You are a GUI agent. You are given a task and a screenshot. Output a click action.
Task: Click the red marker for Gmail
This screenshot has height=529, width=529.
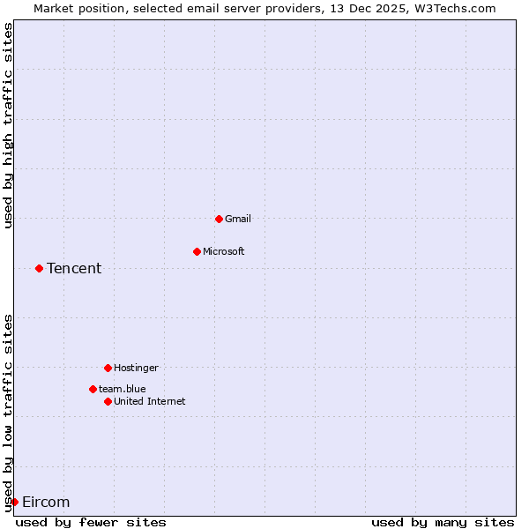pyautogui.click(x=219, y=219)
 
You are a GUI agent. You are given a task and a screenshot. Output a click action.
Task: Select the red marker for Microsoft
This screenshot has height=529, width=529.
pyautogui.click(x=197, y=251)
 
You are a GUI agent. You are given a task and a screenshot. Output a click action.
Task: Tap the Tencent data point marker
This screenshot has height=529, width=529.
pyautogui.click(x=39, y=268)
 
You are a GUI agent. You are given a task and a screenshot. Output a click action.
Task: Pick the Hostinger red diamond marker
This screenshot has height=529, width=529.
pyautogui.click(x=108, y=368)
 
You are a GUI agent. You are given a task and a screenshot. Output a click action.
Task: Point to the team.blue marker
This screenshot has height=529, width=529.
pyautogui.click(x=93, y=389)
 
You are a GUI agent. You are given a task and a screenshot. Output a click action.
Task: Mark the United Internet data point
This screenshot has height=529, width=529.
pyautogui.click(x=108, y=401)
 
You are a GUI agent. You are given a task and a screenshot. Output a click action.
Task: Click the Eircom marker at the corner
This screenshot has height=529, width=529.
pyautogui.click(x=14, y=502)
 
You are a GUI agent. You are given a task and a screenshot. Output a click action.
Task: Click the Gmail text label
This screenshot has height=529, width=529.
pyautogui.click(x=238, y=219)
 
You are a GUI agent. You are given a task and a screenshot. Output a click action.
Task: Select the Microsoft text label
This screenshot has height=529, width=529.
pyautogui.click(x=224, y=251)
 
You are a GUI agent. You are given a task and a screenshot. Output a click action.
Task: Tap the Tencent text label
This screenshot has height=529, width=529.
pyautogui.click(x=74, y=268)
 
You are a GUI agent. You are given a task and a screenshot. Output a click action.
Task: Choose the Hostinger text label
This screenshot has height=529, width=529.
pyautogui.click(x=136, y=368)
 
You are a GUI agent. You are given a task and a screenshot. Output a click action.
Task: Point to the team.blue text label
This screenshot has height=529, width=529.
pyautogui.click(x=123, y=389)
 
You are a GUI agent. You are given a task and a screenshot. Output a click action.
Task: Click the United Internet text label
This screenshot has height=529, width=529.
pyautogui.click(x=150, y=401)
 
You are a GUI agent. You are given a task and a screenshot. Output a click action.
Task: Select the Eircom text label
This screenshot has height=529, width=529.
pyautogui.click(x=46, y=502)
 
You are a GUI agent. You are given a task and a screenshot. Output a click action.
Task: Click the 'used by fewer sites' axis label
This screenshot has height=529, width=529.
pyautogui.click(x=91, y=522)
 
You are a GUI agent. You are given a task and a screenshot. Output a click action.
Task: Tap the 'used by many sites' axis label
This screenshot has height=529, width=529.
pyautogui.click(x=443, y=522)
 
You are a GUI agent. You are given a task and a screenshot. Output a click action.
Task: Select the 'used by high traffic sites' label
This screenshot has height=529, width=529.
pyautogui.click(x=8, y=125)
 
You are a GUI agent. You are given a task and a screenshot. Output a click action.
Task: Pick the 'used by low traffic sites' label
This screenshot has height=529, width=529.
pyautogui.click(x=8, y=413)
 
